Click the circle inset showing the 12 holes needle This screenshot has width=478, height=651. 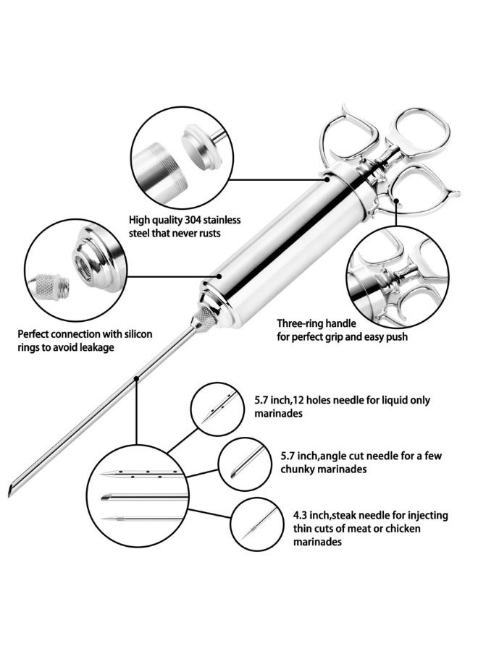click(216, 408)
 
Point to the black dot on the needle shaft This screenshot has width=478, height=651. click(135, 377)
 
